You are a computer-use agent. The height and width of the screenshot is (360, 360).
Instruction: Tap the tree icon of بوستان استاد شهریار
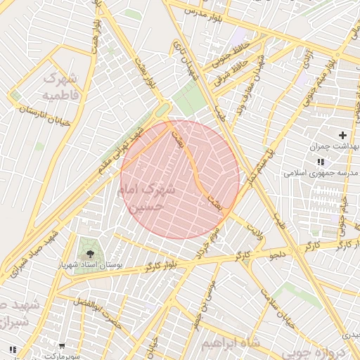89,247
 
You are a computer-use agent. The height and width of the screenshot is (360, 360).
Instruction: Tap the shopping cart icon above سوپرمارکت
63,346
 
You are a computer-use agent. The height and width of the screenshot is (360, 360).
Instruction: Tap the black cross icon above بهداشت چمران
342,135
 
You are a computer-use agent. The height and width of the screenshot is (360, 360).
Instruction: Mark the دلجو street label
276,255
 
